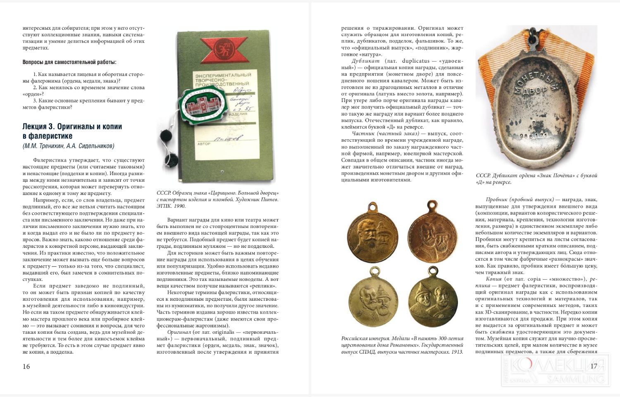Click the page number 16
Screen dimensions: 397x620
[x=26, y=366]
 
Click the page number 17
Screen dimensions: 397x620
[x=594, y=366]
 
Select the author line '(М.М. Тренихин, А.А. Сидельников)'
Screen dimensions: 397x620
[x=68, y=145]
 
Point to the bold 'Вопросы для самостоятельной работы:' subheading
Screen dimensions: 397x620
[x=69, y=62]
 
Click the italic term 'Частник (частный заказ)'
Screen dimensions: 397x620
[x=386, y=133]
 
